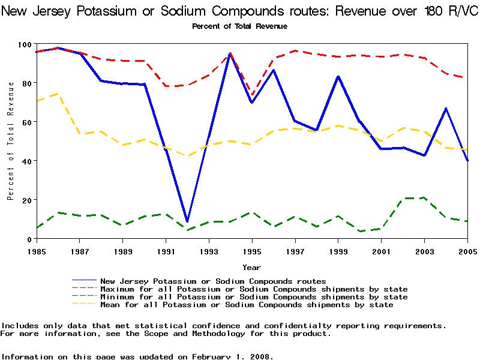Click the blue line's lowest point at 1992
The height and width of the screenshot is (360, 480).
[187, 221]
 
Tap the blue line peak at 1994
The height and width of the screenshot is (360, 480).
[230, 53]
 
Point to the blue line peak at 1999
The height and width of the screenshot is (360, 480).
[338, 76]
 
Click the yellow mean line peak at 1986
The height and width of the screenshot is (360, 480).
[58, 94]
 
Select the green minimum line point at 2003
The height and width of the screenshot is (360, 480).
[425, 197]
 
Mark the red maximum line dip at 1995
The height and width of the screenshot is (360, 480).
[252, 95]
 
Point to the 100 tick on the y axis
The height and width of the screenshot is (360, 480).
[25, 44]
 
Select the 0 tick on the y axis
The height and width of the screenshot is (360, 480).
[29, 239]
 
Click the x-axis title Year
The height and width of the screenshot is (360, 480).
[252, 267]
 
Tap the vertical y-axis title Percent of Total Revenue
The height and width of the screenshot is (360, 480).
[11, 142]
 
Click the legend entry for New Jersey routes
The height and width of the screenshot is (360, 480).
[213, 281]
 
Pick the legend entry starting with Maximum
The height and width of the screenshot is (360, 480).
[254, 289]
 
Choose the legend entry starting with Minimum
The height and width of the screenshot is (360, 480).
[254, 297]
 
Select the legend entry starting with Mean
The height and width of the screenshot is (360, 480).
[247, 305]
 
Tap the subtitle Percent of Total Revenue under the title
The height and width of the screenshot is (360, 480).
[239, 26]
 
